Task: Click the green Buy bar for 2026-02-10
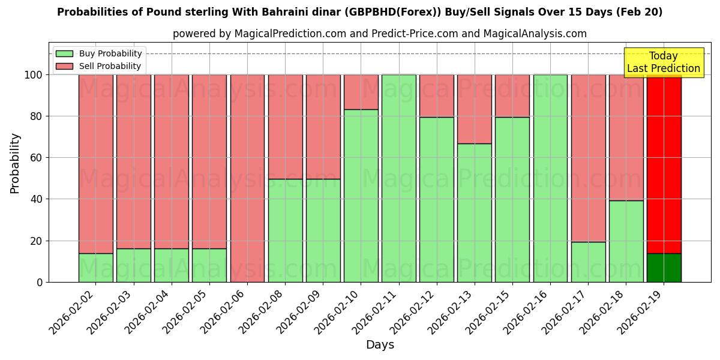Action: [361, 196]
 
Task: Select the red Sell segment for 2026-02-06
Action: [247, 178]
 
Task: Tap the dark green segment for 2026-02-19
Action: [664, 268]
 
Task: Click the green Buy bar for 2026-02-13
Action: [474, 212]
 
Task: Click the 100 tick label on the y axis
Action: [34, 75]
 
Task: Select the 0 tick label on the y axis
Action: [40, 282]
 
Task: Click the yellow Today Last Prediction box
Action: [663, 62]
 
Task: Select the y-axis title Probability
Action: [15, 163]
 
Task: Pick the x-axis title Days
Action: [380, 345]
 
